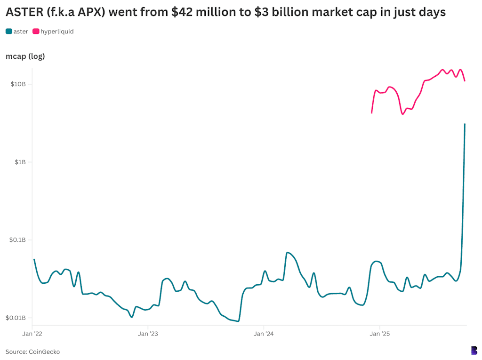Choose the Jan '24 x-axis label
[264, 334]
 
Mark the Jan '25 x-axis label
[379, 334]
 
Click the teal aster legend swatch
[9, 32]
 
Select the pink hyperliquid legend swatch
[36, 32]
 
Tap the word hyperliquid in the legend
[57, 32]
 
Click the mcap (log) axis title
[25, 56]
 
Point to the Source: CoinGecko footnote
[32, 352]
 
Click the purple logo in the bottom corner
[474, 350]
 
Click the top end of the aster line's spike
[465, 124]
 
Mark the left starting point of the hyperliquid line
[372, 113]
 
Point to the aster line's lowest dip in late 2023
[238, 321]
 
